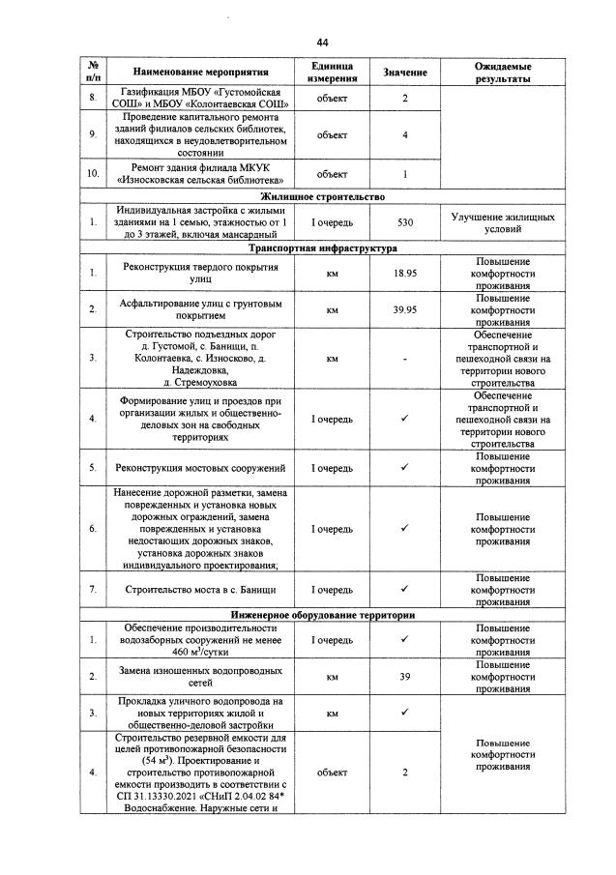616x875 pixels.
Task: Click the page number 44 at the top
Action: (x=323, y=43)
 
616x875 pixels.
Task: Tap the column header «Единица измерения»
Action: (x=332, y=73)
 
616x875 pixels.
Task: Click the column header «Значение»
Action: (x=404, y=73)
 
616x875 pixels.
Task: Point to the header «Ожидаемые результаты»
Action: (x=502, y=73)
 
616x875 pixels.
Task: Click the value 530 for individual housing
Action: (x=405, y=222)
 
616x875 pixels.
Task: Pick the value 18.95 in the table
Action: (x=405, y=275)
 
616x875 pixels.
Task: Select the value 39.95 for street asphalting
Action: (x=405, y=310)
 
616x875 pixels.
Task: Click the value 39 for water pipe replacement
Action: (x=405, y=677)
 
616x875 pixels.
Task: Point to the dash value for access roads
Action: (x=405, y=359)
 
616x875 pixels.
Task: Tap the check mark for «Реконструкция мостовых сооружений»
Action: (x=405, y=467)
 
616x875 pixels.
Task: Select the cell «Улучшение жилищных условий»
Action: (x=502, y=222)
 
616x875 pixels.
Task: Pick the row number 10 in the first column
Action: (x=93, y=174)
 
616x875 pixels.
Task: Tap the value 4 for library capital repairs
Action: (x=405, y=134)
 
